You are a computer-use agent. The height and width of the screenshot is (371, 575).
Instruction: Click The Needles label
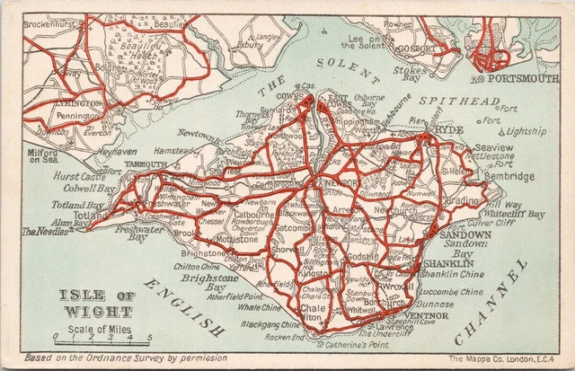click(43, 231)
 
